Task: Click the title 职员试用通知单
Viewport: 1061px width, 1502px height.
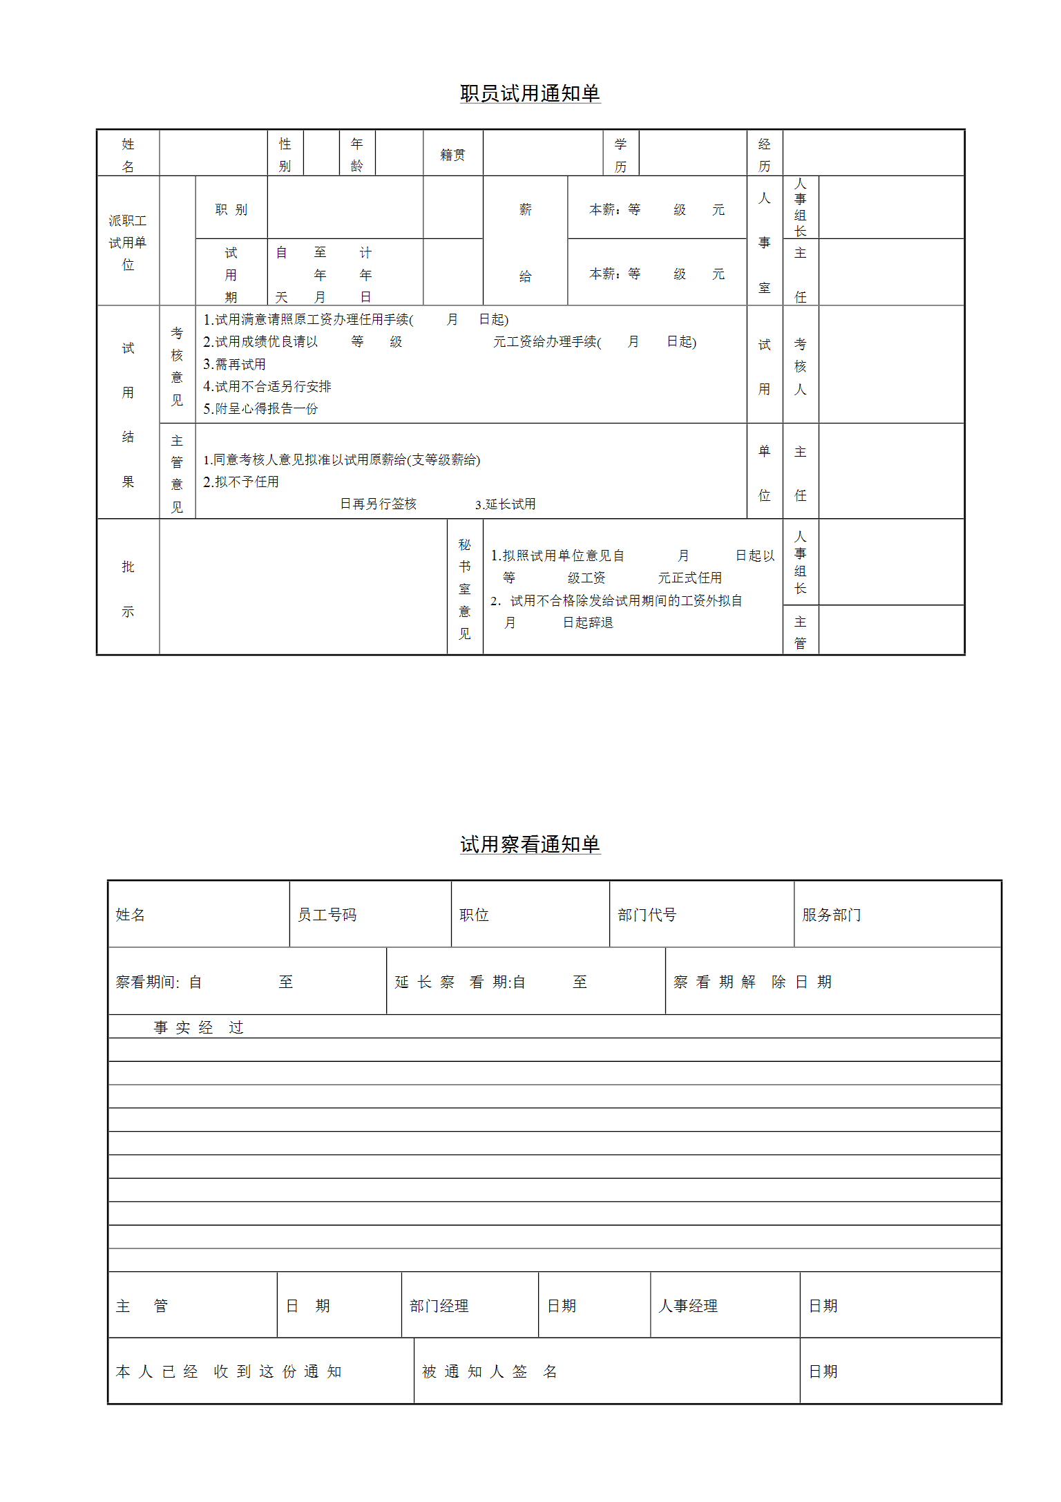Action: (530, 93)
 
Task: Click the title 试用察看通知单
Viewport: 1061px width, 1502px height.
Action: (530, 844)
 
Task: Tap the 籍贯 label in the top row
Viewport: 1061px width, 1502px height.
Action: (452, 155)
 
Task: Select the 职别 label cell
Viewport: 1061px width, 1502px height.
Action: (231, 209)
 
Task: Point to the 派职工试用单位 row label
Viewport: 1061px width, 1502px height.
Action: (128, 243)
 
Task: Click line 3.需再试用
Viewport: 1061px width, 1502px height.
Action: (234, 364)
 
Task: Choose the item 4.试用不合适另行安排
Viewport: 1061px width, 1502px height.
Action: (267, 386)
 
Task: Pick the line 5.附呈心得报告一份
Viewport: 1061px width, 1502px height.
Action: (260, 408)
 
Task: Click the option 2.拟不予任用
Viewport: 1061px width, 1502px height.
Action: (240, 482)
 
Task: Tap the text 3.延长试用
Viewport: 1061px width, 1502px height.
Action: (505, 504)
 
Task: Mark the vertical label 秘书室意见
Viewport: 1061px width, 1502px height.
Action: (464, 589)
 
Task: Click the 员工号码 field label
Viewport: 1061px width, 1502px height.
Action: (327, 915)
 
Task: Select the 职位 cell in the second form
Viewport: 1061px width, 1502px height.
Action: (474, 915)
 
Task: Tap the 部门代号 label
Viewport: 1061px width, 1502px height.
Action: (647, 915)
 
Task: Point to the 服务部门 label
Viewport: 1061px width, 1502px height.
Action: (831, 915)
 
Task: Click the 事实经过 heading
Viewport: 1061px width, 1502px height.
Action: (198, 1027)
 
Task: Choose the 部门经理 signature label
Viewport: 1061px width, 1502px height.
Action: (439, 1306)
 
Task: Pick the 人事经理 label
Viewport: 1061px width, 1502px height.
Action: (688, 1306)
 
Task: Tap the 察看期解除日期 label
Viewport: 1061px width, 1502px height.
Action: (752, 982)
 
